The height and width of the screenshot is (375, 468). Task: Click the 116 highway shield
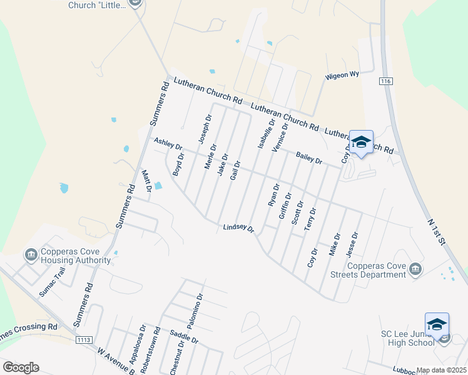(x=385, y=82)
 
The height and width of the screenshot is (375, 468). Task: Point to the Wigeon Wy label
(x=342, y=75)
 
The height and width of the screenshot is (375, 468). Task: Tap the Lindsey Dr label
(x=238, y=229)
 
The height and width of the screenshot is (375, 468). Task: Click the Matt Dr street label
(x=148, y=181)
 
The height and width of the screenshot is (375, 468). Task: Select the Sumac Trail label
(x=52, y=282)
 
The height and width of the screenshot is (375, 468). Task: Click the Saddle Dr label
(x=184, y=337)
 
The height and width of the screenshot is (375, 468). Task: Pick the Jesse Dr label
(x=354, y=244)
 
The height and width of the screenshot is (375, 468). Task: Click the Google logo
(x=21, y=367)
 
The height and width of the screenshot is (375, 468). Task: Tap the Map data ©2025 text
(x=441, y=370)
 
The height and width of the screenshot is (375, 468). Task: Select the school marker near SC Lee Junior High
(x=437, y=325)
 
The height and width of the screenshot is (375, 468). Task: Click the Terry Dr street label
(x=311, y=219)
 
